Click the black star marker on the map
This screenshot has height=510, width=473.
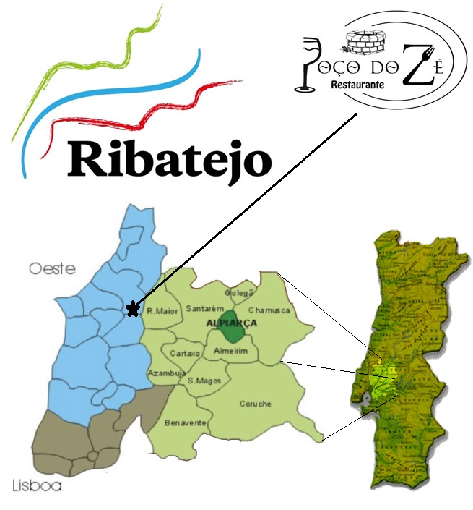[x=132, y=310]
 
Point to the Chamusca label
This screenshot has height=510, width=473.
[x=269, y=310]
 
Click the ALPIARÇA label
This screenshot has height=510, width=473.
[x=232, y=323]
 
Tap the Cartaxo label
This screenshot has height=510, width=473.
[x=186, y=353]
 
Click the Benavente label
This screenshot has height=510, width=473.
[x=186, y=422]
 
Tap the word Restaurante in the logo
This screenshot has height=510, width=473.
[x=356, y=85]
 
